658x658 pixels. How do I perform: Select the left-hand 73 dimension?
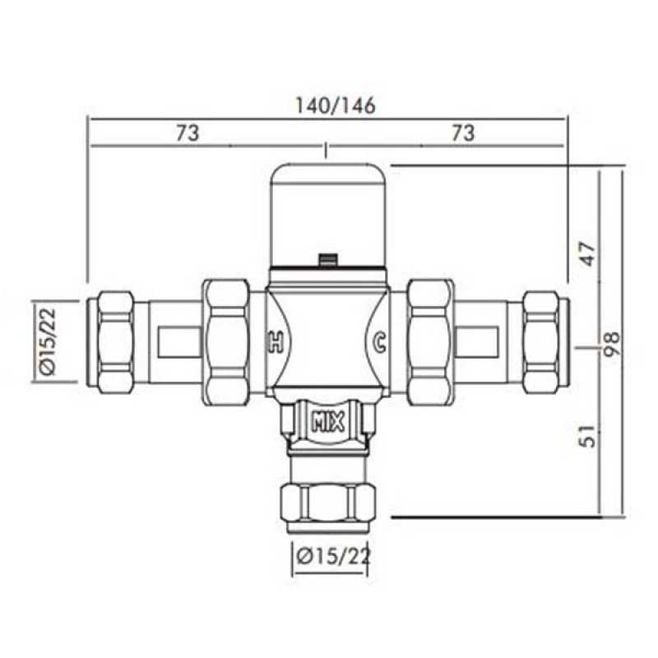point(188,133)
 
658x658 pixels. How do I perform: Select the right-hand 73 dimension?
point(464,133)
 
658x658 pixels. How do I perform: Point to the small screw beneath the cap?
point(328,261)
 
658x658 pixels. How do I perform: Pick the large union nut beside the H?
point(228,340)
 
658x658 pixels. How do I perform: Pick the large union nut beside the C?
point(429,340)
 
